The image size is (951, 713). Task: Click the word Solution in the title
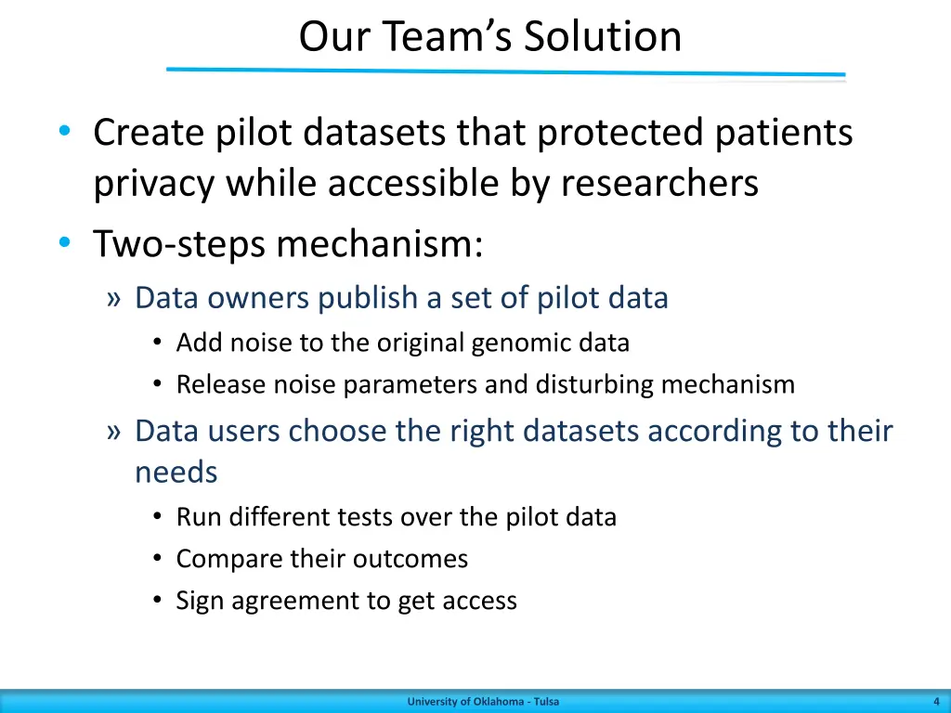pyautogui.click(x=603, y=37)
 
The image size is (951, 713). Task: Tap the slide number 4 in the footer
pyautogui.click(x=935, y=702)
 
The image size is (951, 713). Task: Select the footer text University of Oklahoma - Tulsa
pyautogui.click(x=483, y=702)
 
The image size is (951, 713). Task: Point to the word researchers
pyautogui.click(x=659, y=184)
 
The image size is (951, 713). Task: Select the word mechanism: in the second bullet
pyautogui.click(x=379, y=245)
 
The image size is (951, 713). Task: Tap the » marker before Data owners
pyautogui.click(x=114, y=298)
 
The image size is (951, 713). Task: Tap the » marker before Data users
pyautogui.click(x=114, y=432)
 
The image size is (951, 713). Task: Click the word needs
pyautogui.click(x=176, y=473)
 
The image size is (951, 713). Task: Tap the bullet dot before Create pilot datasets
pyautogui.click(x=63, y=133)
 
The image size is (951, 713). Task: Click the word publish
pyautogui.click(x=369, y=298)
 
